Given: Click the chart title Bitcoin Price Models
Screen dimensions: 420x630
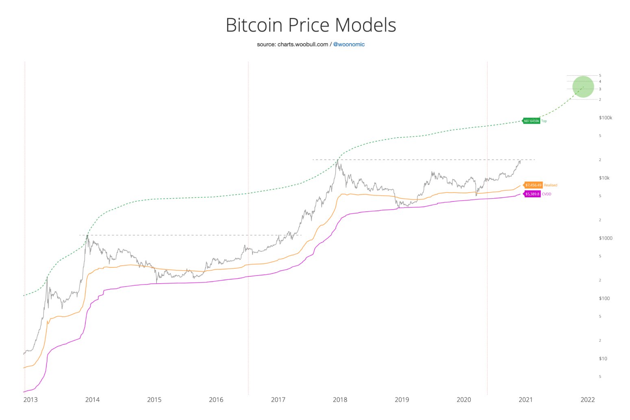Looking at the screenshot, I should pos(311,25).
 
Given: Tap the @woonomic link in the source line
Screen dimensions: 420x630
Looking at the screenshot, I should pos(349,44).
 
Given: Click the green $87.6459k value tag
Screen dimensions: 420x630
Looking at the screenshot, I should pos(532,121).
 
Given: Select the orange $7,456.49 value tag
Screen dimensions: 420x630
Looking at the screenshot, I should pos(533,185).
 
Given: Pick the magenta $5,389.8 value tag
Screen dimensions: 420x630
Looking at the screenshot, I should pos(532,194).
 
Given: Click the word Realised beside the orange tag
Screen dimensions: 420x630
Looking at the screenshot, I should pos(551,185).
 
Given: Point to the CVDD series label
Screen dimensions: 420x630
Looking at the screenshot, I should pos(547,194).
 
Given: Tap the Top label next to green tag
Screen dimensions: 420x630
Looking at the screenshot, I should pos(544,121).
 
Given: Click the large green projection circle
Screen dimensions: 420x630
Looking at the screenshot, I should pos(583,87).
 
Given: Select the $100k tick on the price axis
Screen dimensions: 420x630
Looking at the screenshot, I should pos(606,118).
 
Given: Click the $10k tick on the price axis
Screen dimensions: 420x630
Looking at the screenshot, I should pos(604,178).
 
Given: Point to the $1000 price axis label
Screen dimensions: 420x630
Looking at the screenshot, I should pos(606,238).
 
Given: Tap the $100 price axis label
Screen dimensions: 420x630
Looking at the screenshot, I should pos(604,298).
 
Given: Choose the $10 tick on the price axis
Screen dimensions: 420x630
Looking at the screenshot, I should pos(603,359).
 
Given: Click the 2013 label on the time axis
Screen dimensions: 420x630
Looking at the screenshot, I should pos(30,400).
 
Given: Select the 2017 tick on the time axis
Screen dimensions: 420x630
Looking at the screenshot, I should pos(278,400).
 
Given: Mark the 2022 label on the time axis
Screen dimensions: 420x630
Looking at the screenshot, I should pos(588,400).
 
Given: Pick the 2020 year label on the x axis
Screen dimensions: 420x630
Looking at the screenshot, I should pos(464,400).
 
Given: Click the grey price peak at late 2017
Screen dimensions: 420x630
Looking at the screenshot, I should pos(337,160).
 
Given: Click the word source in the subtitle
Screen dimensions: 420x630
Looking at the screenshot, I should pos(266,44).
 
